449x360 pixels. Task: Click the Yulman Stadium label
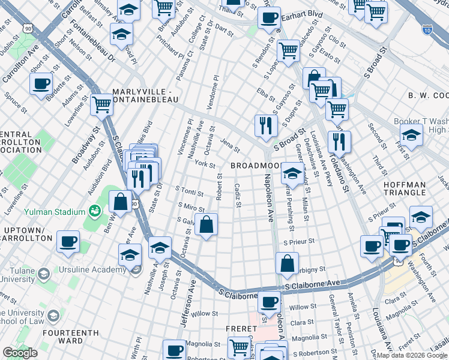[55, 212]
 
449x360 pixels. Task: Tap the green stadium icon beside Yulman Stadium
[94, 211]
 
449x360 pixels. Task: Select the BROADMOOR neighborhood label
[255, 165]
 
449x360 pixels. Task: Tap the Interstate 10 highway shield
[427, 28]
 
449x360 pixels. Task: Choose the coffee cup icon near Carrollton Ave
[41, 83]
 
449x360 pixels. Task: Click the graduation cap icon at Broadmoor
[292, 173]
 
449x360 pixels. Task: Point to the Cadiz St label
[238, 195]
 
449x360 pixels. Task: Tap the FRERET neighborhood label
[241, 329]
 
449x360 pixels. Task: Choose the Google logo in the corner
[20, 353]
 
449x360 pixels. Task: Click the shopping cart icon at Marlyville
[101, 105]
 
